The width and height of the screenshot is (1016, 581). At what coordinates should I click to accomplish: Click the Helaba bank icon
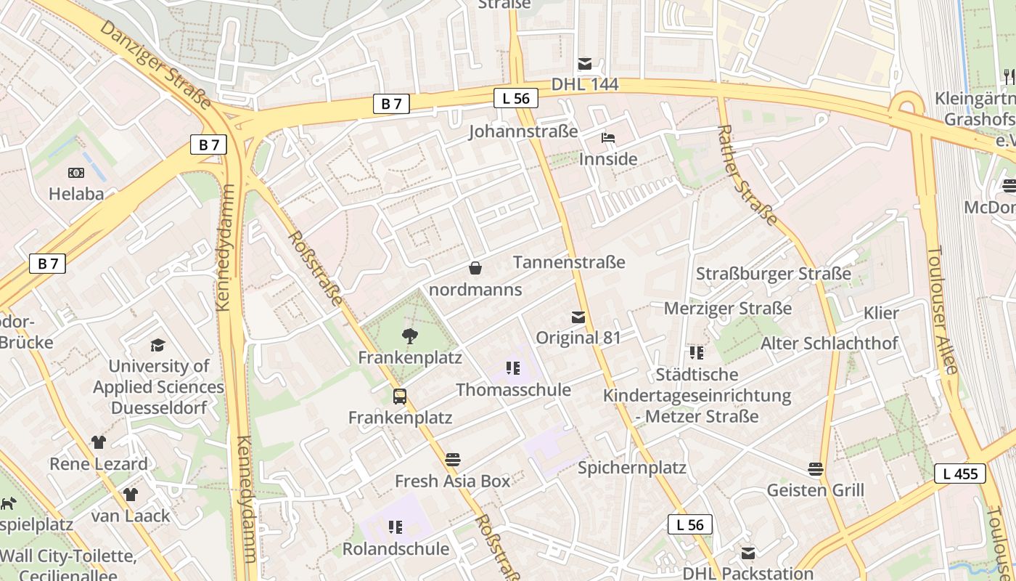click(x=76, y=173)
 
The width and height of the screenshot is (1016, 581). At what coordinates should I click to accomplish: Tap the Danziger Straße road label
click(x=155, y=64)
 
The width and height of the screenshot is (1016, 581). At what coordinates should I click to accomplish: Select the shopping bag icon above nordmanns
click(x=475, y=269)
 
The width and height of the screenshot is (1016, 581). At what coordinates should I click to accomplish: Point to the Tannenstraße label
click(x=569, y=262)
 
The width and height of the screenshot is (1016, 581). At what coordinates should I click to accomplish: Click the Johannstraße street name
click(x=523, y=131)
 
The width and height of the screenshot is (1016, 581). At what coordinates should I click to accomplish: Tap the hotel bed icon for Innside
click(x=607, y=138)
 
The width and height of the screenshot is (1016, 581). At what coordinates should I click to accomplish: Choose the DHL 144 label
click(x=585, y=84)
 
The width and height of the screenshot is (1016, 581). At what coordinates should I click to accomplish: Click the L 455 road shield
click(x=959, y=474)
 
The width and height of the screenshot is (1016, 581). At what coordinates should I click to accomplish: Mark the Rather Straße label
click(x=747, y=174)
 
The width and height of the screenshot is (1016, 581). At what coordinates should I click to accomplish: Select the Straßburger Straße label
click(x=773, y=274)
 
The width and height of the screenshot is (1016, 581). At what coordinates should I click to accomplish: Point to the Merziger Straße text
click(x=728, y=309)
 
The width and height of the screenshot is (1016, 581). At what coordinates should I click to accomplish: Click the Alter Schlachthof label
click(x=829, y=343)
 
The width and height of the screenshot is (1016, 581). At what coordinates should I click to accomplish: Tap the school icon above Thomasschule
click(x=513, y=368)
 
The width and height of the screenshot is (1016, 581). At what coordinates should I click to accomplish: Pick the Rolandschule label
click(x=396, y=548)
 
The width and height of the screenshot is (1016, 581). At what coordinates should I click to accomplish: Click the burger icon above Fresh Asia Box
click(x=453, y=459)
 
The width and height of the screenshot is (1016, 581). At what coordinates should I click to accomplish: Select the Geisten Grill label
click(x=815, y=490)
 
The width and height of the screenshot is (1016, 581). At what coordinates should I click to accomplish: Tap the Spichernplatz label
click(x=631, y=468)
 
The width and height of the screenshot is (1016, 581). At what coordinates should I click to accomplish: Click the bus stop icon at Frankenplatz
click(x=400, y=396)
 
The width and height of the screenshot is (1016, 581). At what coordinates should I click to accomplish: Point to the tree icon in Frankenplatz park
click(x=409, y=336)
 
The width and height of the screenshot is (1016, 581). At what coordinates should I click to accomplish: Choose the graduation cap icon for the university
click(x=157, y=345)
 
